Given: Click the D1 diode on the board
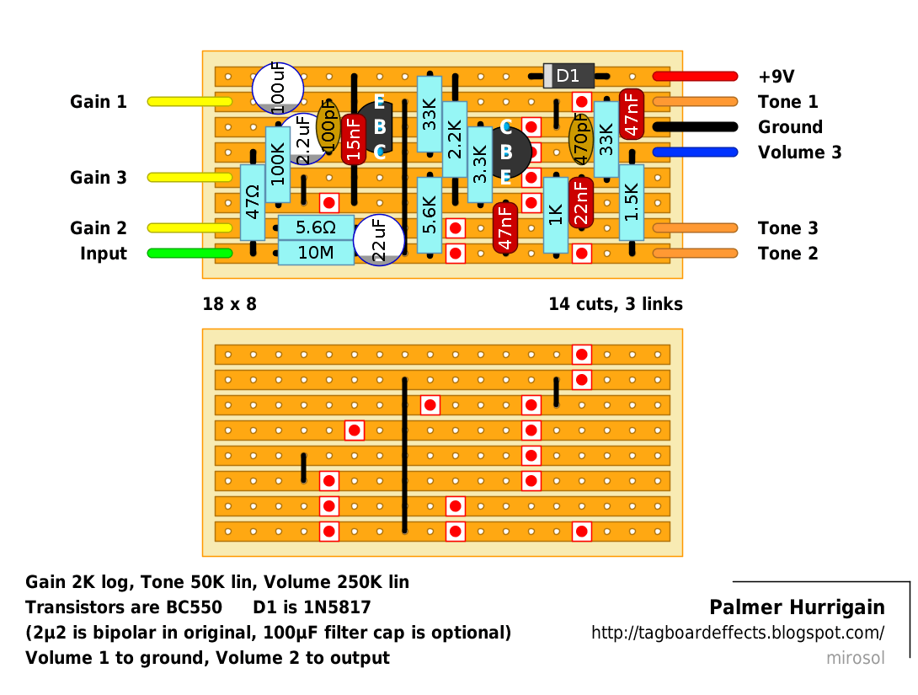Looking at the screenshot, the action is click(568, 76).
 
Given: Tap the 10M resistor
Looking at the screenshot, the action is click(316, 253).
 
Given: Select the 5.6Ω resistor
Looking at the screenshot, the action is click(316, 227).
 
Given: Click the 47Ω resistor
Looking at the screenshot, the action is click(253, 202).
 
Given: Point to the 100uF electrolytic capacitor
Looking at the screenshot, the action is click(278, 88).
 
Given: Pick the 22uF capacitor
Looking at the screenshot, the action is click(379, 240).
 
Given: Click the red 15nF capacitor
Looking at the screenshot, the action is click(354, 139).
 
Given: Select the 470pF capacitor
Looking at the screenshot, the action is click(581, 139).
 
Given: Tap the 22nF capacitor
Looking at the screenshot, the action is click(581, 202).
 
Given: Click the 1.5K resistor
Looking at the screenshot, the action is click(632, 202).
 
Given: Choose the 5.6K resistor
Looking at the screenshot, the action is click(430, 215).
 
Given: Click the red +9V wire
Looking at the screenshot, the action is click(695, 76).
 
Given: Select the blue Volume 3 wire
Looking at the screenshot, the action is click(695, 152).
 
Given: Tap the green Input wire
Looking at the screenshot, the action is click(189, 253).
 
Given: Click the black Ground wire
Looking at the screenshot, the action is click(695, 126).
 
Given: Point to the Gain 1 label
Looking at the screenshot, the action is click(99, 102).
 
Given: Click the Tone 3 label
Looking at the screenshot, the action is click(787, 227).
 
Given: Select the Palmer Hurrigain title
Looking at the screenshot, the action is click(797, 607).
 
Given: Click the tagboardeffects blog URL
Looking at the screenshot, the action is click(738, 633).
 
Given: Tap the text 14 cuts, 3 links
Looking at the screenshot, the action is click(616, 304).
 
